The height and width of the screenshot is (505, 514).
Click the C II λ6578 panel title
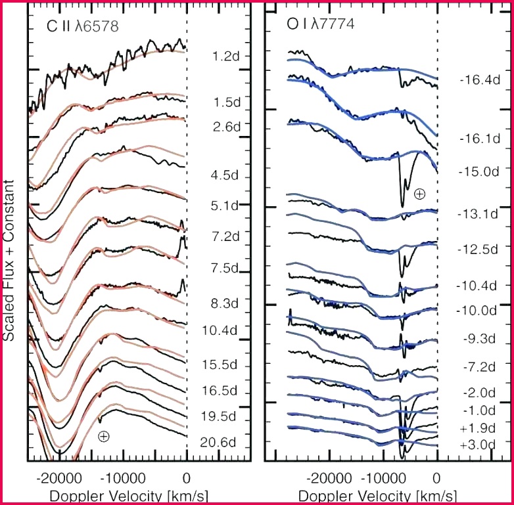point(83,26)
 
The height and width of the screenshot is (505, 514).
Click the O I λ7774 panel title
point(321,24)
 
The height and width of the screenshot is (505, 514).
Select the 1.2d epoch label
point(226,56)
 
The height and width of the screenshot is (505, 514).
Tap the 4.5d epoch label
point(225,175)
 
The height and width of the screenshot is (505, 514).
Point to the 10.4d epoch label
point(220,330)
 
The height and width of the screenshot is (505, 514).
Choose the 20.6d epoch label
point(218,443)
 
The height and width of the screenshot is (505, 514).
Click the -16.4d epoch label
point(480,80)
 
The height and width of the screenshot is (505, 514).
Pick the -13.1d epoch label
point(478,214)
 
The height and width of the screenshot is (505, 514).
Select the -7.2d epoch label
point(479,367)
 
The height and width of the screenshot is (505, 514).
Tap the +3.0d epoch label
point(478,445)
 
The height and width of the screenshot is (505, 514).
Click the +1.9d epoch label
point(478,428)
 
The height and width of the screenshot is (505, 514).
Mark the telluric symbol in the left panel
point(104,436)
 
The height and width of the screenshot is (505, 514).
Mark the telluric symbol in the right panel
point(419,194)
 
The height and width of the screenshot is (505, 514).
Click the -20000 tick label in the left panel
point(59,479)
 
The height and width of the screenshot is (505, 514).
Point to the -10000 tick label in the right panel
point(383,479)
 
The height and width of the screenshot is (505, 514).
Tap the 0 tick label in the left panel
point(186,479)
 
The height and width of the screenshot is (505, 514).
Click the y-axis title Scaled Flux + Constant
point(9,260)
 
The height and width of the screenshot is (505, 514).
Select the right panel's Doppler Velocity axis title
point(377,496)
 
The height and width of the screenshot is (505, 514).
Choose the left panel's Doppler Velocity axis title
point(129,496)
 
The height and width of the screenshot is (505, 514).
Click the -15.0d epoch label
point(479,171)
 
